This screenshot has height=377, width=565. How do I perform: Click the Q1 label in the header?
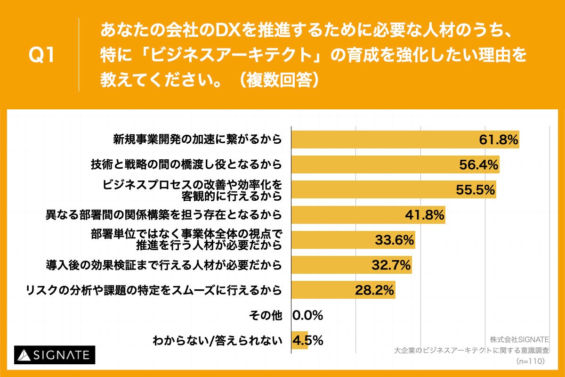pyautogui.click(x=42, y=56)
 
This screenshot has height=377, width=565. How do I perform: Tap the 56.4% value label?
pyautogui.click(x=478, y=164)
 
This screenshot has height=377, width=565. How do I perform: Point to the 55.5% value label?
pyautogui.click(x=475, y=189)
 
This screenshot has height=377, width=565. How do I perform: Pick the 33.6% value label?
pyautogui.click(x=395, y=240)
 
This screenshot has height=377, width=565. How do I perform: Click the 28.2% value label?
pyautogui.click(x=374, y=290)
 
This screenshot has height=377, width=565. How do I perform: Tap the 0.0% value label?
pyautogui.click(x=308, y=316)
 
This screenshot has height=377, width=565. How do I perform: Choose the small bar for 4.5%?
pyautogui.click(x=299, y=341)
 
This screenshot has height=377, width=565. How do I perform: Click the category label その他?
pyautogui.click(x=265, y=316)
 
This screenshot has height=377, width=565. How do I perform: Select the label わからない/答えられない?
pyautogui.click(x=217, y=341)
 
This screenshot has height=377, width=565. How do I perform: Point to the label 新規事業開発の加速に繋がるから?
pyautogui.click(x=197, y=139)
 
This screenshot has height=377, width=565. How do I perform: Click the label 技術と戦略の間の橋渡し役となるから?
pyautogui.click(x=186, y=164)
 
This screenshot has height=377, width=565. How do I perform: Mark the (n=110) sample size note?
pyautogui.click(x=530, y=361)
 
